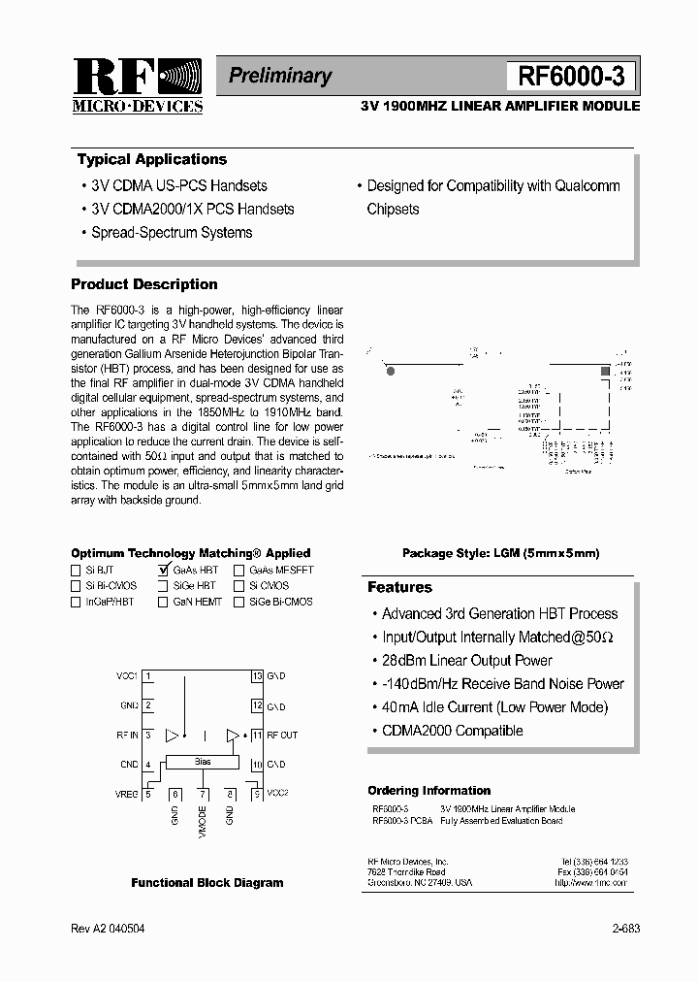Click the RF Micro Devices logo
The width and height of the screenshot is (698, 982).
coord(137,85)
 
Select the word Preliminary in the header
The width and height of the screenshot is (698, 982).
coord(280,76)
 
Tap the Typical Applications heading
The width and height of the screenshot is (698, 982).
coord(152,160)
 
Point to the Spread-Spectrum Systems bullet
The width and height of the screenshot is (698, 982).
coord(172,233)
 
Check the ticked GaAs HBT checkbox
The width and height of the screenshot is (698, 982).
coord(163,571)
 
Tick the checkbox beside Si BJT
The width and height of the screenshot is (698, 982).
coord(77,571)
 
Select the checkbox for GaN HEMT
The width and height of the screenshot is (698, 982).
coord(163,602)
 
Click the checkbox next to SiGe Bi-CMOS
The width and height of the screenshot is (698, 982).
coord(238,602)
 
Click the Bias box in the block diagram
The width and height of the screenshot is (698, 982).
coord(203,763)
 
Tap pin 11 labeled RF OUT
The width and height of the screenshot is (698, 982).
coord(257,736)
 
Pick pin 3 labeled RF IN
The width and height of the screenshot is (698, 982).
coord(148,736)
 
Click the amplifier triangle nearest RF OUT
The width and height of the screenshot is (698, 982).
coord(233,736)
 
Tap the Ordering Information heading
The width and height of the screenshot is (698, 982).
coord(428,791)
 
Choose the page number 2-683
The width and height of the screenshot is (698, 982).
coord(625,929)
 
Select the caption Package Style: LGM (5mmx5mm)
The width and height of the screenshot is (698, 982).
coord(500,553)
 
